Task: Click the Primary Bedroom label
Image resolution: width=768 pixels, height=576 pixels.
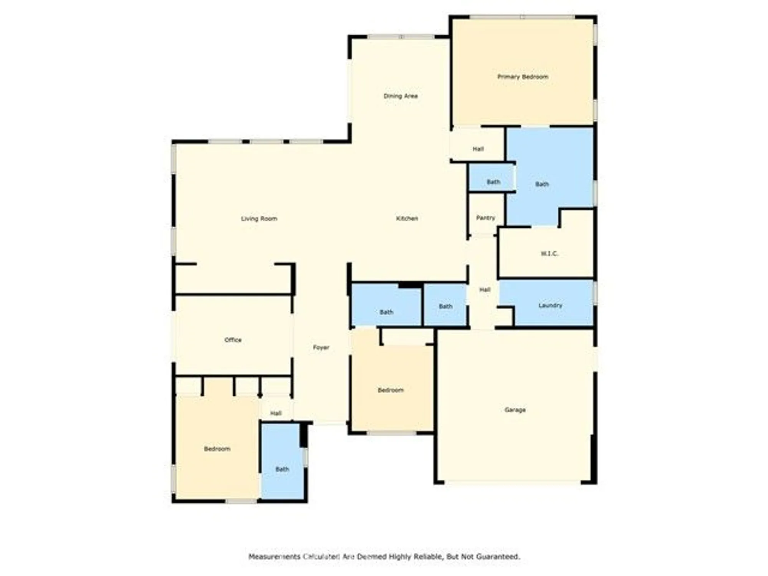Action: click(x=523, y=77)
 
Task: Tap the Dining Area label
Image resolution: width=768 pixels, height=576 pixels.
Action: click(x=401, y=96)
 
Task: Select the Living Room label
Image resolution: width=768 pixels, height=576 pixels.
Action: click(x=259, y=218)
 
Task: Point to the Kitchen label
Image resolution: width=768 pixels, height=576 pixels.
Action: click(x=407, y=218)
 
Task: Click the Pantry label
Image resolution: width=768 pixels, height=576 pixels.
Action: click(x=485, y=218)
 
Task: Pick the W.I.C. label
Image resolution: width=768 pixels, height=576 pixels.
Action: click(x=549, y=253)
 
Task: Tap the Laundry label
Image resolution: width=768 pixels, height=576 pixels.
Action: click(x=550, y=305)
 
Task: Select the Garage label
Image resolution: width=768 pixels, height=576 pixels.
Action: click(x=515, y=410)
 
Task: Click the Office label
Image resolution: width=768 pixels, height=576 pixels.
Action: click(x=233, y=340)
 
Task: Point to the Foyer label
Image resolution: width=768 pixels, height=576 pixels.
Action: click(x=321, y=348)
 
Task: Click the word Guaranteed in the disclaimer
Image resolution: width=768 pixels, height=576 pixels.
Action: click(x=498, y=556)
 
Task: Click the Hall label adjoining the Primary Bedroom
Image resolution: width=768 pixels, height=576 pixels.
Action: click(x=478, y=149)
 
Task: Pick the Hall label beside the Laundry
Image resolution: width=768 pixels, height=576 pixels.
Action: click(x=485, y=290)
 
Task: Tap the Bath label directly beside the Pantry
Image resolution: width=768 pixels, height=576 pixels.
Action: click(x=493, y=182)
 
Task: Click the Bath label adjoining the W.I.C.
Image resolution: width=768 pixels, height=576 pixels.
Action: click(x=542, y=184)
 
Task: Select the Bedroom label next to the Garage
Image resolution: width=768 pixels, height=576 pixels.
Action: click(x=391, y=390)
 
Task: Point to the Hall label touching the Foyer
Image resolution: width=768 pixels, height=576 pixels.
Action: click(x=276, y=413)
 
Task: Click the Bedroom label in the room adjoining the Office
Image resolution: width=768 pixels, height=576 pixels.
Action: click(x=217, y=449)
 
